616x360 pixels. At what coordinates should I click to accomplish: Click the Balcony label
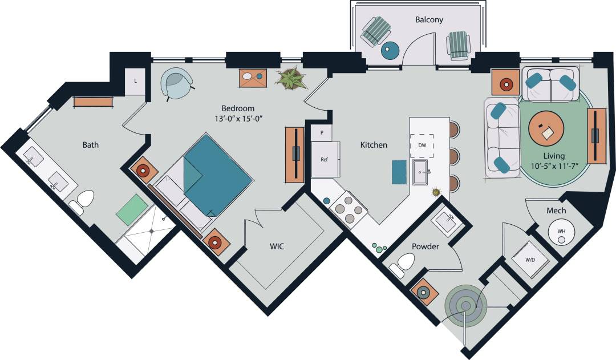coord(429,19)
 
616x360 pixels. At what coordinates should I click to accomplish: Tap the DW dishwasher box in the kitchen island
coord(422,145)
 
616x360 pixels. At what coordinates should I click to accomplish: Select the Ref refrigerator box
coord(324,160)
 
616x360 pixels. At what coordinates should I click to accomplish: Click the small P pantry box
coord(322,132)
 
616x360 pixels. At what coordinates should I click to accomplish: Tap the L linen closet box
coord(135,81)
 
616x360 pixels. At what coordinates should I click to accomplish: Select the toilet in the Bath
coord(83,202)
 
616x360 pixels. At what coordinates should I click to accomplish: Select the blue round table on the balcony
coord(390,51)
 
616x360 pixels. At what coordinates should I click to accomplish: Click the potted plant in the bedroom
coord(291,79)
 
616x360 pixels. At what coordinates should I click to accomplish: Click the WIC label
coord(277,246)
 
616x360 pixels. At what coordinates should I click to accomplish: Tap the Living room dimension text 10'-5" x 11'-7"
coord(554,167)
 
